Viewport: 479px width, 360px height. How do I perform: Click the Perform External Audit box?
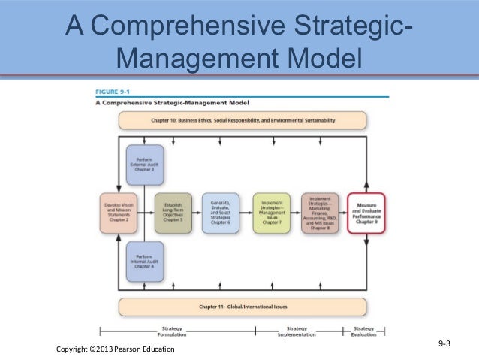[x=144, y=166]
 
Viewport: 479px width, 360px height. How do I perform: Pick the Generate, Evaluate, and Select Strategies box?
[x=221, y=213]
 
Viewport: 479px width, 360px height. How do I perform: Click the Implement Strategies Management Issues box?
[x=271, y=213]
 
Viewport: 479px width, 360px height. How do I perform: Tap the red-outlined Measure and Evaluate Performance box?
[x=366, y=213]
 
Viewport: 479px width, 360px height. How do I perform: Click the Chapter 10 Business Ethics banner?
[x=242, y=120]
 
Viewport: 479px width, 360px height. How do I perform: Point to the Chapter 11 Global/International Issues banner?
[x=242, y=307]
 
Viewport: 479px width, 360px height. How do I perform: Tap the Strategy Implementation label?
[x=298, y=331]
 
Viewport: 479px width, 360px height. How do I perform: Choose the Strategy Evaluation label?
[x=363, y=331]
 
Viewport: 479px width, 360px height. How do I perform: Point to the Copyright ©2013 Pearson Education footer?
[x=115, y=349]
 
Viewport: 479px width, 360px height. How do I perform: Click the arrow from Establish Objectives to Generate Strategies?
[x=198, y=213]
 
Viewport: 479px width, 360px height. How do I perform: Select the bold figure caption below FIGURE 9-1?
[x=172, y=102]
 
